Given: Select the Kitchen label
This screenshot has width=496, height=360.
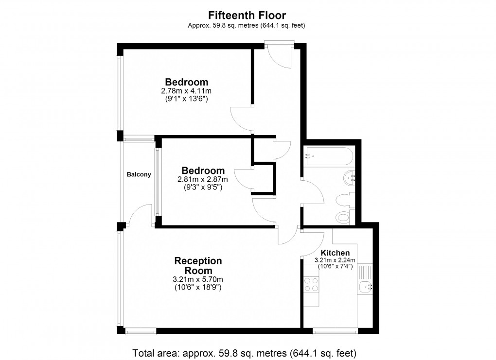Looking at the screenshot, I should (335, 253).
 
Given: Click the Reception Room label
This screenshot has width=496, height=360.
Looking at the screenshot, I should (198, 266).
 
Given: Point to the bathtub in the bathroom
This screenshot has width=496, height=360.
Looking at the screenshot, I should (325, 156).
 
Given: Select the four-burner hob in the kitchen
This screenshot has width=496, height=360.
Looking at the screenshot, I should (311, 284).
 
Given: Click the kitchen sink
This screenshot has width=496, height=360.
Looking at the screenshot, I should (365, 288).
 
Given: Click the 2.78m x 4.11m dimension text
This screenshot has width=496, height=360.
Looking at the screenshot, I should (186, 91).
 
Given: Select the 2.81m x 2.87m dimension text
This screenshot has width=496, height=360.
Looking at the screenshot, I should (203, 179).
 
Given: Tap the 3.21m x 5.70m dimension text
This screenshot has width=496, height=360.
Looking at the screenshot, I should (198, 279).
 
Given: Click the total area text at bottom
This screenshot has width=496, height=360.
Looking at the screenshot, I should (248, 352).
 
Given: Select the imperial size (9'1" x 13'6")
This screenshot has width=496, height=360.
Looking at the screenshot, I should (186, 98).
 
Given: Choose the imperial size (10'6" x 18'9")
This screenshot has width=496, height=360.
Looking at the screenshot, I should (198, 287).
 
